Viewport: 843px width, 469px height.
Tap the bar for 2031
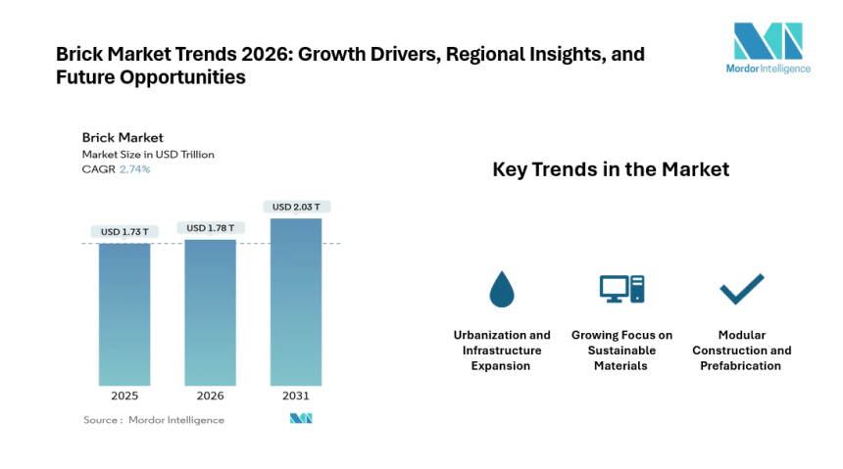pyautogui.click(x=295, y=301)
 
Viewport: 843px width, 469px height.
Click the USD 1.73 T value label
pyautogui.click(x=124, y=232)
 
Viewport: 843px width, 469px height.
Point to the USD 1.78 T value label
pyautogui.click(x=210, y=228)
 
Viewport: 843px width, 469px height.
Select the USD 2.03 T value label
pyautogui.click(x=295, y=207)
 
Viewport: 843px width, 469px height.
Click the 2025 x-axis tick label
pyautogui.click(x=124, y=397)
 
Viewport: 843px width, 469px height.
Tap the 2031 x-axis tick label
pyautogui.click(x=295, y=397)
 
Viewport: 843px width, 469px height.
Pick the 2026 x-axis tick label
pyautogui.click(x=210, y=397)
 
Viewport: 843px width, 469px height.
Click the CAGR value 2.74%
pyautogui.click(x=135, y=169)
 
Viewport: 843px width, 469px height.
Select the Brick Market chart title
pyautogui.click(x=123, y=137)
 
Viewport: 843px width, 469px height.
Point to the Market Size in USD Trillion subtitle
pyautogui.click(x=148, y=154)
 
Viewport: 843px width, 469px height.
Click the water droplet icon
pyautogui.click(x=501, y=289)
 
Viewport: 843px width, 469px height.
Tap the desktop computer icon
pyautogui.click(x=621, y=289)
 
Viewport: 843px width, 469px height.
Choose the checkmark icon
pyautogui.click(x=741, y=289)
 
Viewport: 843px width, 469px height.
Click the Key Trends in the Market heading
pyautogui.click(x=610, y=169)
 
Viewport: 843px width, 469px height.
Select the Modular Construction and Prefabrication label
pyautogui.click(x=741, y=350)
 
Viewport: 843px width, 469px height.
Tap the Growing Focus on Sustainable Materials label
pyautogui.click(x=621, y=350)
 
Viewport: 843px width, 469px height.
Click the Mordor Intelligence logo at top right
pyautogui.click(x=768, y=48)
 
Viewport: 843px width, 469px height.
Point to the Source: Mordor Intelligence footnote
pyautogui.click(x=154, y=420)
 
